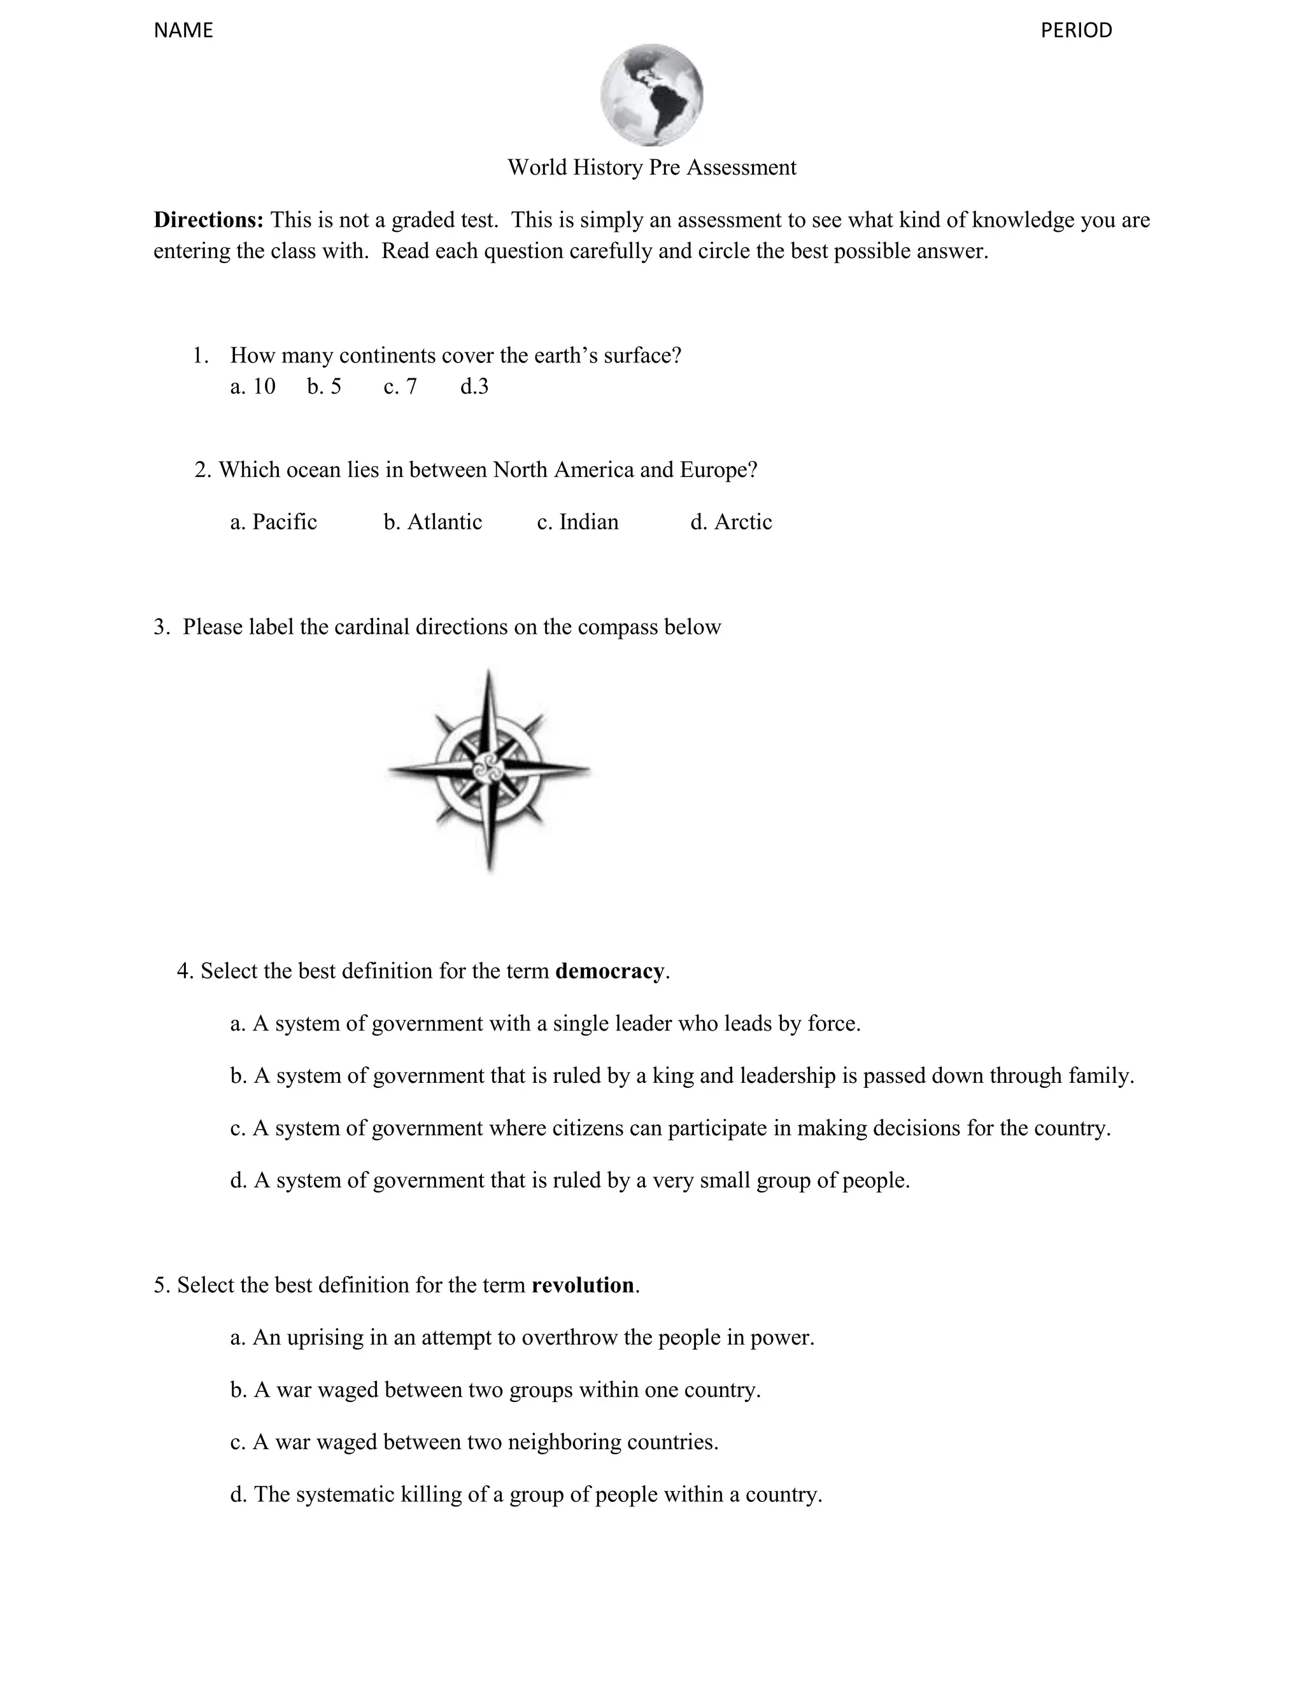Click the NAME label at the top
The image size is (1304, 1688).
(183, 30)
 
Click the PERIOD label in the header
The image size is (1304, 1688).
(1075, 30)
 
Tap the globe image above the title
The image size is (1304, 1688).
(651, 95)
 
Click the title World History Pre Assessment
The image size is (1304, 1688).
(651, 168)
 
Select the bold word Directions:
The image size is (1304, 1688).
(209, 220)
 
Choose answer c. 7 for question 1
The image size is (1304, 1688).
(400, 387)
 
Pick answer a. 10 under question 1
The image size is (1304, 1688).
(253, 387)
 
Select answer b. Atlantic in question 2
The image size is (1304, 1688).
(432, 522)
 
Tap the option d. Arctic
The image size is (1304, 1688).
(731, 522)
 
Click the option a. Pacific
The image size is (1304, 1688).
(273, 522)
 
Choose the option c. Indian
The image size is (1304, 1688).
(578, 522)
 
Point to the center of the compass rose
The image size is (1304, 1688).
(488, 769)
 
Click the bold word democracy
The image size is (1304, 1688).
(609, 971)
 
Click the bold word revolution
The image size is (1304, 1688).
(583, 1285)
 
